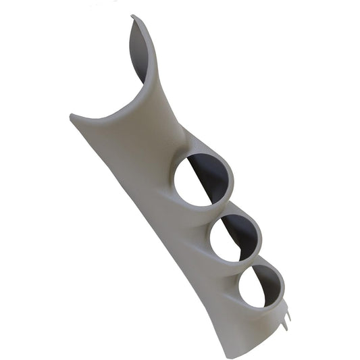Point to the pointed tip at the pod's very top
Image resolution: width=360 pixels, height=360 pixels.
(133, 16)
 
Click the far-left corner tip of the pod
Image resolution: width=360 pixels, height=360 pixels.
(71, 115)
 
